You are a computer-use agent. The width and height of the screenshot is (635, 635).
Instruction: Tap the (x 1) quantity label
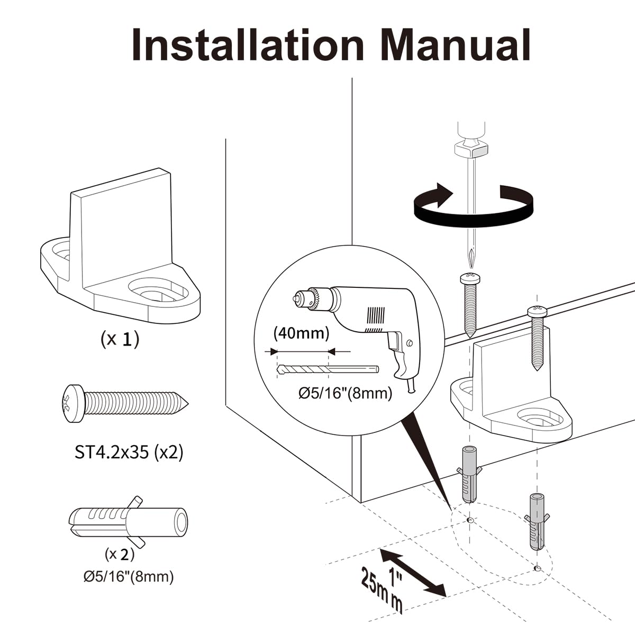120,339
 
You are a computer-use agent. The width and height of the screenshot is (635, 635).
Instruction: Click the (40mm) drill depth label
301,333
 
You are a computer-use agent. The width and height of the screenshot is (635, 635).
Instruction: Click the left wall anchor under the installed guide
469,474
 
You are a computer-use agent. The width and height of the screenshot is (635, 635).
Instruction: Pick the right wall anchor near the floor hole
536,521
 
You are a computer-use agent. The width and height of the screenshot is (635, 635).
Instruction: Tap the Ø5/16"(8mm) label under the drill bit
345,393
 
